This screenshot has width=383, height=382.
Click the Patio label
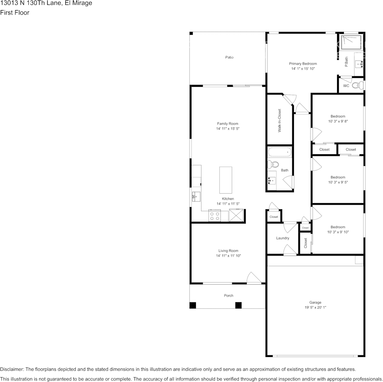[x=229, y=57]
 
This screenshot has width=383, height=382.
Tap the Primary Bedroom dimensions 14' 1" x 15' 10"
[x=303, y=69]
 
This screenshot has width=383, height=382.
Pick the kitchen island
[x=225, y=180]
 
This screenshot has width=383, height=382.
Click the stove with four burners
[x=214, y=216]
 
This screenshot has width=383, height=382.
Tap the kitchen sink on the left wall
[x=196, y=197]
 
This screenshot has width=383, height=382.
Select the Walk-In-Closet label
[x=279, y=120]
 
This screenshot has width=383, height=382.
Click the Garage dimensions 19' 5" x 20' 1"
[x=315, y=308]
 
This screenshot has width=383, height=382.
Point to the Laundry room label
[x=283, y=238]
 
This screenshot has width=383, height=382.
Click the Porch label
[x=229, y=296]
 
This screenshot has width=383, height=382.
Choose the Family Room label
[x=228, y=124]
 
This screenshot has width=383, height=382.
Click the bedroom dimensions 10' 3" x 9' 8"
[x=338, y=121]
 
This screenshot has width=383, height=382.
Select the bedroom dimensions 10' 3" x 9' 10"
[x=338, y=232]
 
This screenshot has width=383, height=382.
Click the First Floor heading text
[x=15, y=13]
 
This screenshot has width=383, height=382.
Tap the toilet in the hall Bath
[x=273, y=164]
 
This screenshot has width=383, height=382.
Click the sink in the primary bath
[x=359, y=63]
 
